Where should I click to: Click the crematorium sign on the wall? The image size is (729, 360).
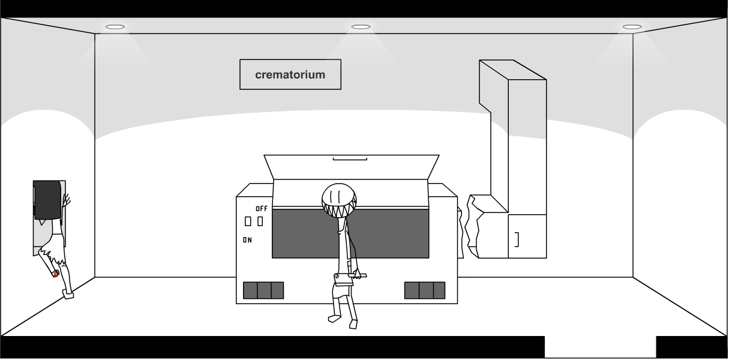point(290,74)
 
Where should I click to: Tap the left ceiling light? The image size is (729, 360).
point(115,26)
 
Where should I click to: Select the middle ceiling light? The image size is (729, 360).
point(361,27)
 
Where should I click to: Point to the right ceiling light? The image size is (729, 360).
point(632,27)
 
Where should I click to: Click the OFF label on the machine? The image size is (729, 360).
point(261,209)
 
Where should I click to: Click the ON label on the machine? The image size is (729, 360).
point(247,240)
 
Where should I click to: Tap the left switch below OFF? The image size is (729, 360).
point(248,221)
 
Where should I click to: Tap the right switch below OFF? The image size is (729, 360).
point(260,221)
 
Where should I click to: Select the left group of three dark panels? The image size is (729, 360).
point(263,290)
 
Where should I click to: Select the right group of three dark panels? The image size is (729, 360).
point(424,290)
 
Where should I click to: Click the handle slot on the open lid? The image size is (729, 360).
point(350,159)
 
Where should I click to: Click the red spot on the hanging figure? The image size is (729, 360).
point(55,275)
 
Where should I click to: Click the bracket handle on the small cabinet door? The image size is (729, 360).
point(517,239)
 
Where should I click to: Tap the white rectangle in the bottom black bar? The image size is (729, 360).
point(600,347)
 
